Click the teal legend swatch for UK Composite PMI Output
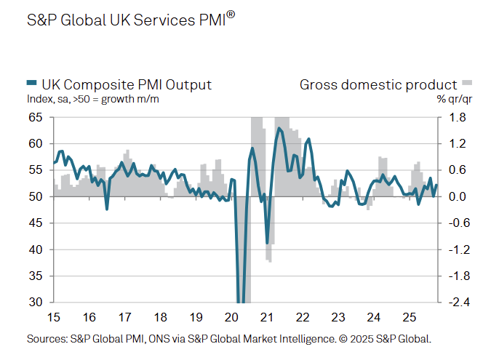point(31,85)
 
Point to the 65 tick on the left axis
point(36,117)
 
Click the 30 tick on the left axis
point(36,303)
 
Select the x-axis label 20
point(231,317)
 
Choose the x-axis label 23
point(338,317)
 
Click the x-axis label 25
point(409,317)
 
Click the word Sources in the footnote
point(45,339)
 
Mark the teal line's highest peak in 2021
point(279,129)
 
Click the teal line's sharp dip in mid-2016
point(107,209)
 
